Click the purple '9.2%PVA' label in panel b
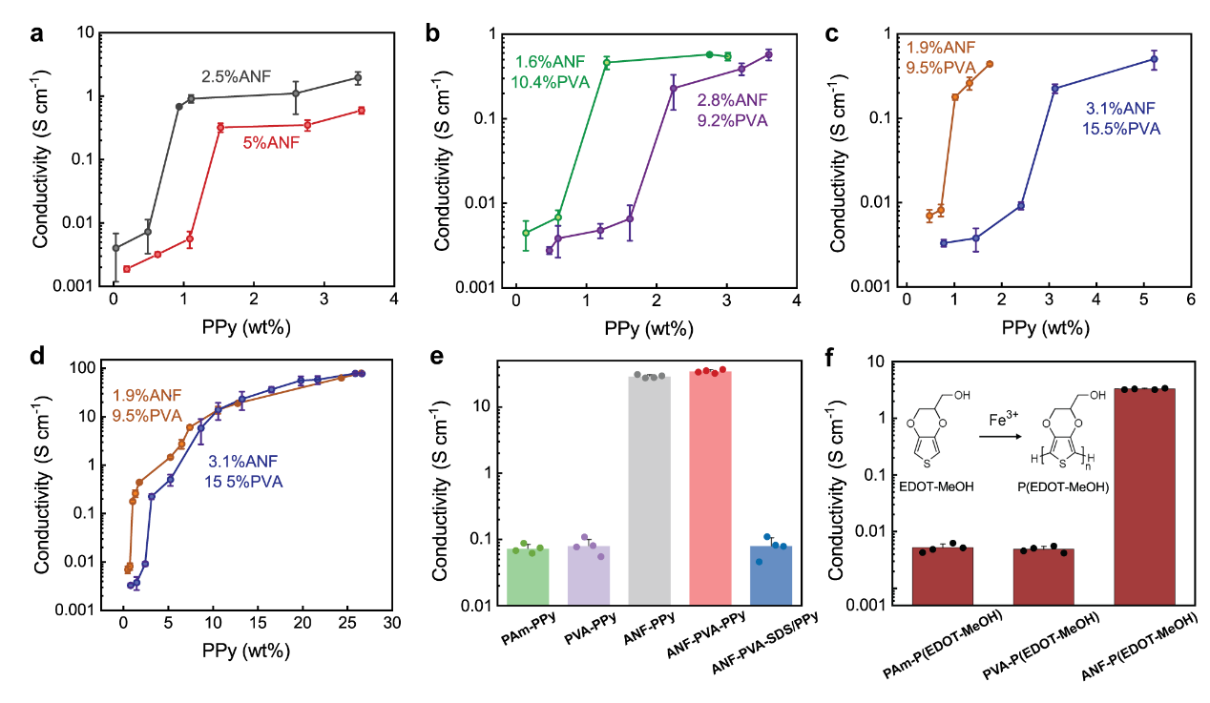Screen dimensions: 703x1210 click(732, 120)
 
